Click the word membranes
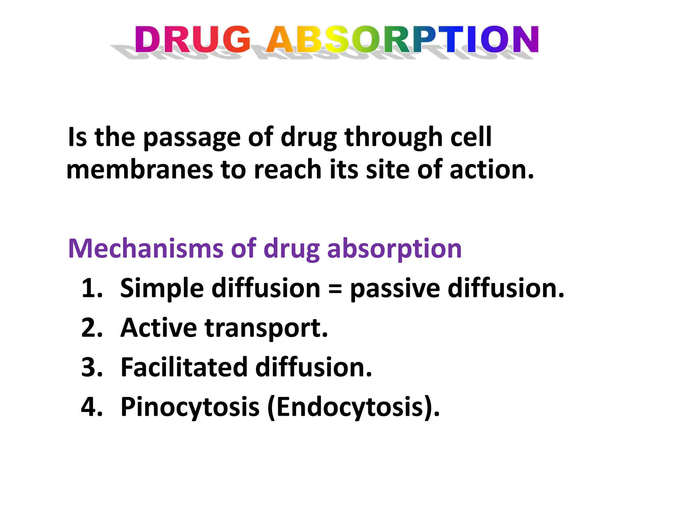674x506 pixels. click(x=140, y=170)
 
